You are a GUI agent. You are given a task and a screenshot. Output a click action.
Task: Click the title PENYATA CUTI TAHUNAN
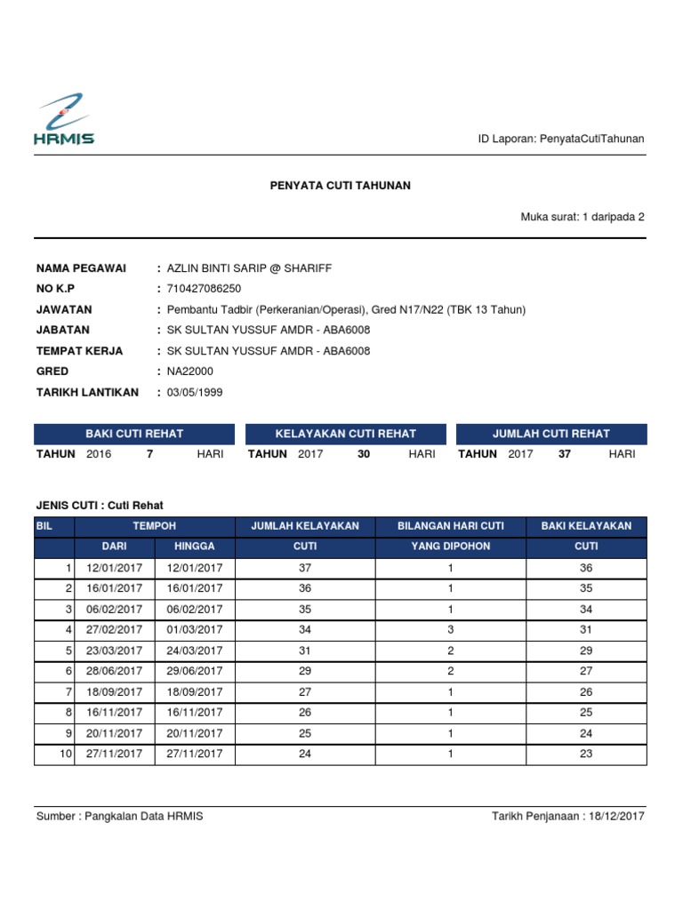point(341,186)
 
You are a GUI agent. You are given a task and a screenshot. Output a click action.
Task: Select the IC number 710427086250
point(204,289)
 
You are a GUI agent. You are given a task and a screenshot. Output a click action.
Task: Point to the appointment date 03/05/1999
point(194,392)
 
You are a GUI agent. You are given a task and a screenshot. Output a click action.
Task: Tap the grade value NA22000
point(189,371)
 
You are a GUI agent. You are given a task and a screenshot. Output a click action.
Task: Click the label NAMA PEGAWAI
point(81,268)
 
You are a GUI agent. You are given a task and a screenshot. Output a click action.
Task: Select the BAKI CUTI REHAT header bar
point(134,434)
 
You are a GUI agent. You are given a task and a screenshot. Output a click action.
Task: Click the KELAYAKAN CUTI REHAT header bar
point(346,434)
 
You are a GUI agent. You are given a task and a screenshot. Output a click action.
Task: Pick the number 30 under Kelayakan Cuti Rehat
point(363,454)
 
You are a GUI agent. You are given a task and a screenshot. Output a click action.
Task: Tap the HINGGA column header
point(194,547)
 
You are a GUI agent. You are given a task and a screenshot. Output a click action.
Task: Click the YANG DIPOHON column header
point(450,547)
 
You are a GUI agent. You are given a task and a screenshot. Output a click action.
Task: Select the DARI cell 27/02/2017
point(114,629)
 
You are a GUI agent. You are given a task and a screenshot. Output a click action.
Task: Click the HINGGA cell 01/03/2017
point(194,629)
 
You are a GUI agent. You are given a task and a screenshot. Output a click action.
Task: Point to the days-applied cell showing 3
point(451,629)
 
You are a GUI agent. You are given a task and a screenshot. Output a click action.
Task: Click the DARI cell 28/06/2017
point(114,671)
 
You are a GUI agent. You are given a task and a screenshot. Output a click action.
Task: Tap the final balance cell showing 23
point(586,754)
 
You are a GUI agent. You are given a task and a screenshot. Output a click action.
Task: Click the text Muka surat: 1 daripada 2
point(583,216)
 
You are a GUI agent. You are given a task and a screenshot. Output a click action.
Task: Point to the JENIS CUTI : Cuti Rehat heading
point(100,505)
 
